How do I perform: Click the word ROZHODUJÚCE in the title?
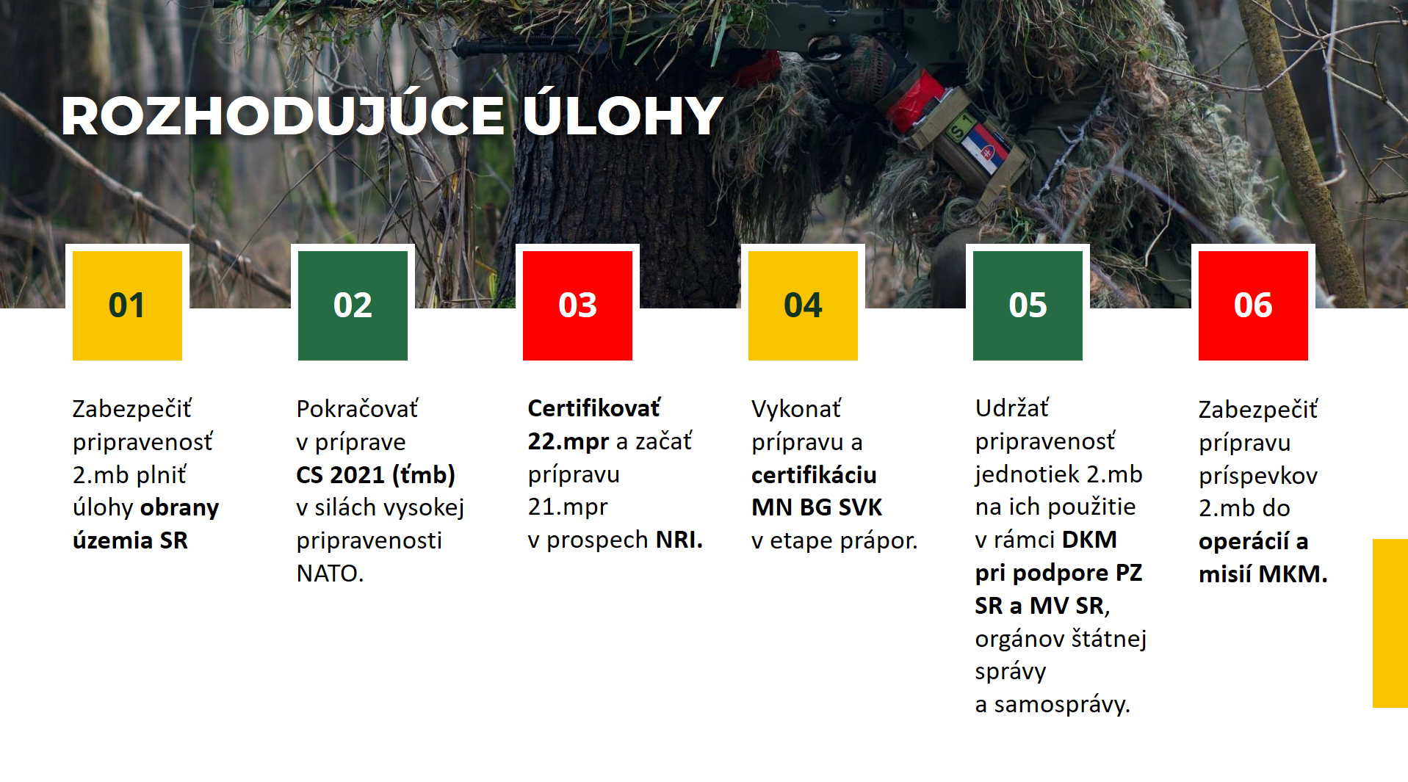[283, 117]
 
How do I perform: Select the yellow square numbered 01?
[127, 305]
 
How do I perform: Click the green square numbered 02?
[353, 305]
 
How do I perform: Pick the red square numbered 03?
[577, 305]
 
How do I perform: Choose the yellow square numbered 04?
[803, 305]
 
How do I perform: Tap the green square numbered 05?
[1028, 305]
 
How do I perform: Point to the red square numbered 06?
[1253, 305]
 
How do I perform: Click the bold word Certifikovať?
[594, 408]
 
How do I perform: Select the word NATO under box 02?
[330, 573]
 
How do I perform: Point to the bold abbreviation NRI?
[679, 540]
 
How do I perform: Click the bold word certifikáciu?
[814, 475]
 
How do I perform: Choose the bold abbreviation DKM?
[1089, 540]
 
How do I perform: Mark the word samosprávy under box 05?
[1062, 705]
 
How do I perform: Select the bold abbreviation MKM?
[1293, 574]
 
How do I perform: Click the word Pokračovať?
[357, 409]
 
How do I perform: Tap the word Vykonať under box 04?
[796, 409]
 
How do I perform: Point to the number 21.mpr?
[568, 508]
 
